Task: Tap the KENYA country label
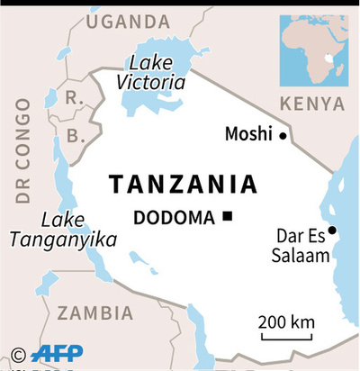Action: pos(311,104)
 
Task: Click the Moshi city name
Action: pos(248,135)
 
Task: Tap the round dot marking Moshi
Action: pos(283,136)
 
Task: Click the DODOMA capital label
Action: pos(175,217)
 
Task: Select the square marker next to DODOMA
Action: pos(229,216)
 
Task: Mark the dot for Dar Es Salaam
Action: pos(332,231)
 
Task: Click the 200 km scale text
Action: pos(285,321)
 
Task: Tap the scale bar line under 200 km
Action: pos(285,339)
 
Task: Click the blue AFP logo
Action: pos(61,352)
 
